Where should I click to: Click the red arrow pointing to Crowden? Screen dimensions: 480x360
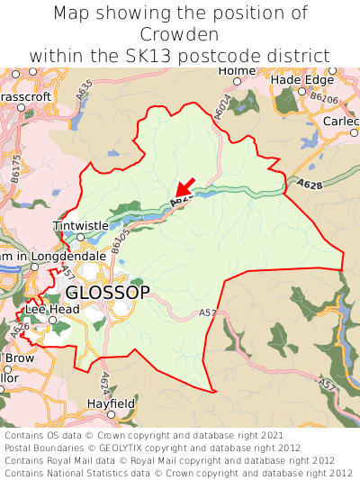(185, 187)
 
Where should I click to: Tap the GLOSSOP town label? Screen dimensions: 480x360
(108, 293)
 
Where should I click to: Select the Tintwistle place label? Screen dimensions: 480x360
(80, 225)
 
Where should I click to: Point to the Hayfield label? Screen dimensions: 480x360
(111, 403)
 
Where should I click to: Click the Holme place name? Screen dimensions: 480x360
(238, 70)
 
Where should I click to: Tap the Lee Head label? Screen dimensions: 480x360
(52, 309)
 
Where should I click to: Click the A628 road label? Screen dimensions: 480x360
(310, 186)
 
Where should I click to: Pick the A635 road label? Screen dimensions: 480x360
(84, 90)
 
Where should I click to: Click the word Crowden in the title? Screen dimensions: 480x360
(180, 34)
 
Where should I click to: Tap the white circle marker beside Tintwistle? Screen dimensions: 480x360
(79, 238)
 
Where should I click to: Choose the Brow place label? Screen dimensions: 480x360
(20, 358)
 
